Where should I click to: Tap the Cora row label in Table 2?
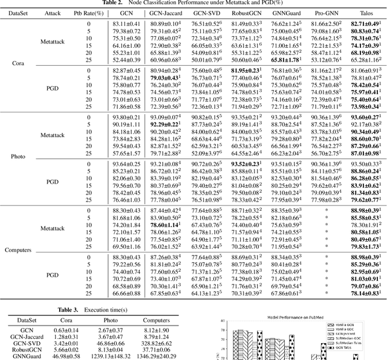19,63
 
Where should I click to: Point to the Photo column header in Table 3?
111,321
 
